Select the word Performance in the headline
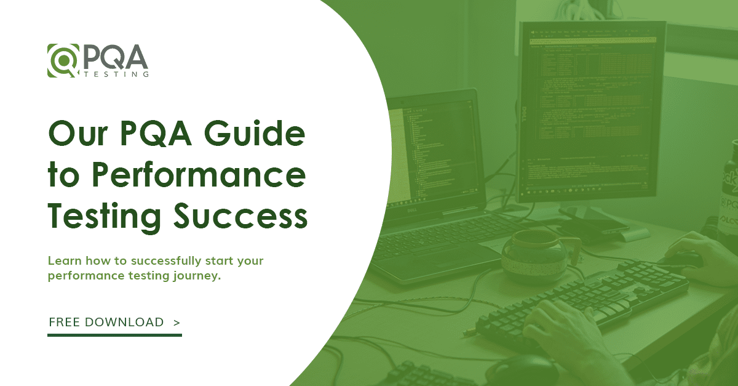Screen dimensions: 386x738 coord(199,176)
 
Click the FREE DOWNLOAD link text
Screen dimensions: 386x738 coord(106,322)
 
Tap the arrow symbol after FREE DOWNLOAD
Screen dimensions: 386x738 coord(177,322)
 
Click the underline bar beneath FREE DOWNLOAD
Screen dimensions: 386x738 coord(114,335)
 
